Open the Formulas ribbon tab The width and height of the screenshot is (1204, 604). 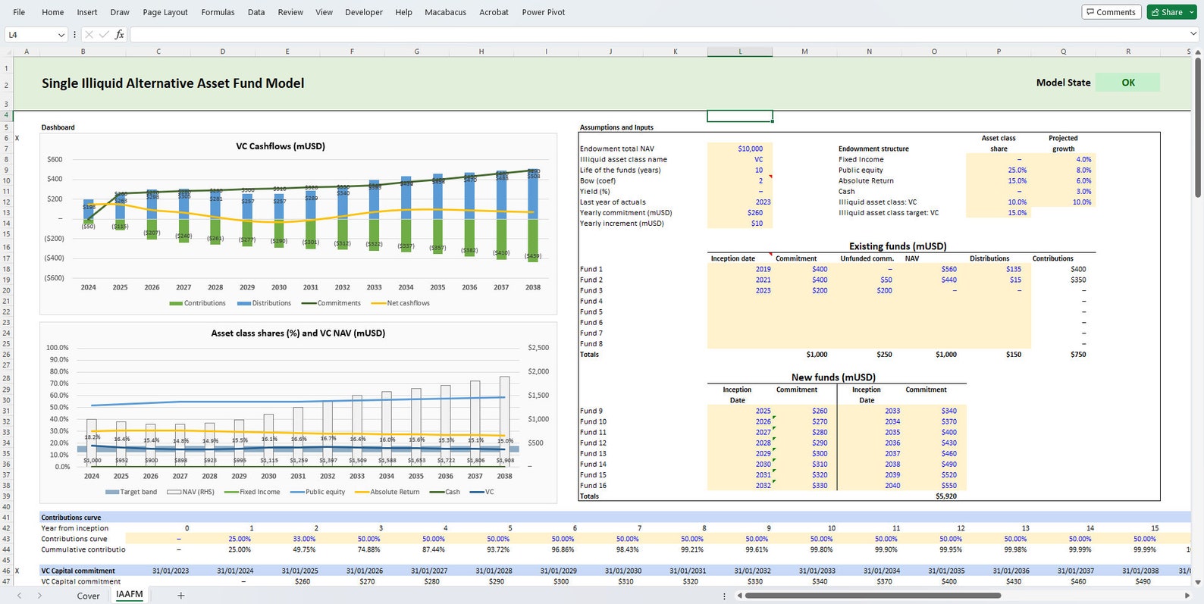click(218, 12)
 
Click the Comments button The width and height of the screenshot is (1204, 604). click(1111, 12)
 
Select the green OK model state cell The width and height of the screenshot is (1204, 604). click(1127, 83)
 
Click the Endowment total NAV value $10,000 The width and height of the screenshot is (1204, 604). click(750, 149)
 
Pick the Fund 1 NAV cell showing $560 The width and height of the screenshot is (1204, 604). click(948, 269)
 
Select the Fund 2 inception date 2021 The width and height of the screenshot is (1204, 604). click(763, 280)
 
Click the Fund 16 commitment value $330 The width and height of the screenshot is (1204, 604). click(820, 486)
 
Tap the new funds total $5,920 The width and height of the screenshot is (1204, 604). click(945, 496)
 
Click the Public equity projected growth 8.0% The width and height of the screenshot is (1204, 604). click(1083, 170)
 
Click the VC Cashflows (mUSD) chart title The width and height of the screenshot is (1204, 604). click(281, 146)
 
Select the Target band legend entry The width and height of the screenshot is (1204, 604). click(137, 492)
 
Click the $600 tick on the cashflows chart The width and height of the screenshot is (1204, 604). click(55, 159)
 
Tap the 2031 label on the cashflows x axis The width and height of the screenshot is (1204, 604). click(311, 287)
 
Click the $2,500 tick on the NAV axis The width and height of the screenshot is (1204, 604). click(538, 347)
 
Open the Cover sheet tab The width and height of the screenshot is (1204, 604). click(88, 596)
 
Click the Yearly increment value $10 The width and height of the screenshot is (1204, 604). click(757, 224)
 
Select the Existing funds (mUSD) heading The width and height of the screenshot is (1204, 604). click(897, 246)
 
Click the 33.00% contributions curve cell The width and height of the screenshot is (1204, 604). click(304, 539)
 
